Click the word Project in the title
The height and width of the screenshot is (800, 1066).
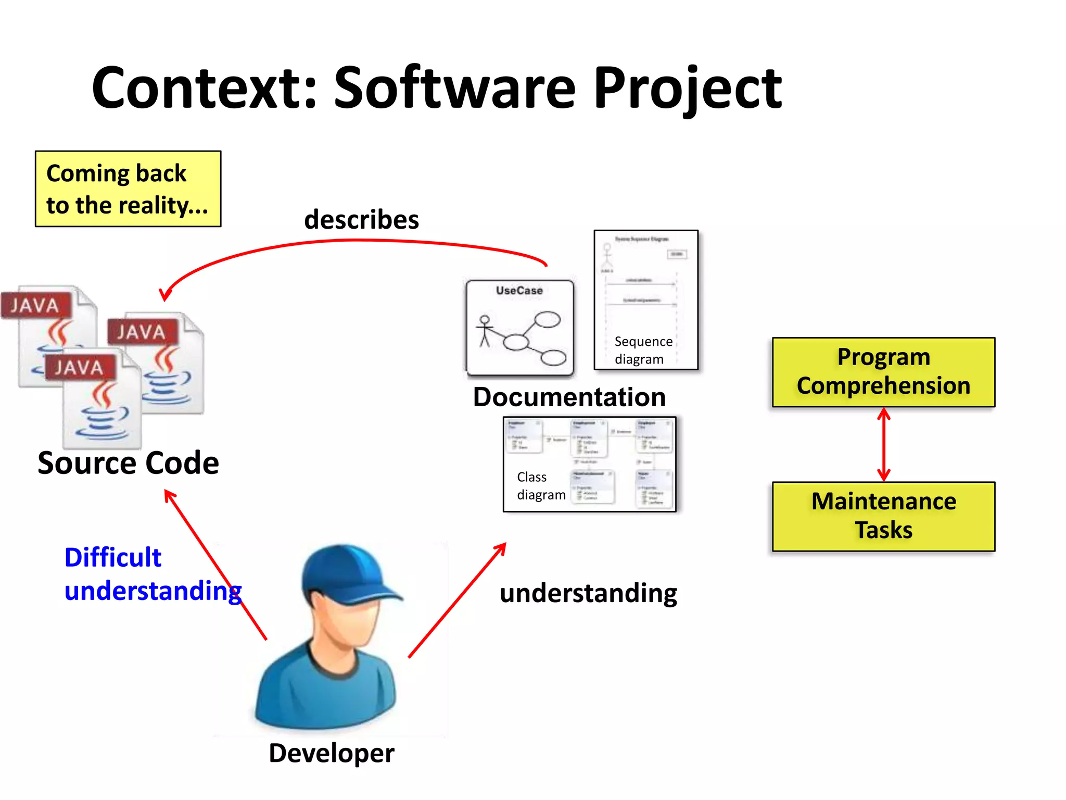[x=687, y=89]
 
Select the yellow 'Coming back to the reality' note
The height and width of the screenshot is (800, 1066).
[x=128, y=189]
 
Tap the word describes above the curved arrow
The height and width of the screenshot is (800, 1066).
[x=361, y=219]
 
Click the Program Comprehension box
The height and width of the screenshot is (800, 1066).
[x=883, y=372]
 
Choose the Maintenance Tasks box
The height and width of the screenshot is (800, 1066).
[x=883, y=516]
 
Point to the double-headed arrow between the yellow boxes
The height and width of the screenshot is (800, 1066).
[x=883, y=444]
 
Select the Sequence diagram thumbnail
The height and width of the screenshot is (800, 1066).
[x=645, y=300]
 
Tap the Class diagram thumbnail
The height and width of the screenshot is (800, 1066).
[x=589, y=464]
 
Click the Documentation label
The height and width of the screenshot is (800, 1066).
[x=569, y=397]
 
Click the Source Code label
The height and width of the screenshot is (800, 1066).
[x=128, y=463]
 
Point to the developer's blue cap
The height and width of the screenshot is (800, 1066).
[x=344, y=573]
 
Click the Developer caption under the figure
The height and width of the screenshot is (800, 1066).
[x=332, y=753]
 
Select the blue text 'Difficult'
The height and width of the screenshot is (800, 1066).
[x=113, y=557]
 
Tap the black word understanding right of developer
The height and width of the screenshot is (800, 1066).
[x=588, y=593]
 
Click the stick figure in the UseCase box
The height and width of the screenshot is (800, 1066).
[x=485, y=331]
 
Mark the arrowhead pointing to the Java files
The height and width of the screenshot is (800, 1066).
[x=166, y=295]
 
